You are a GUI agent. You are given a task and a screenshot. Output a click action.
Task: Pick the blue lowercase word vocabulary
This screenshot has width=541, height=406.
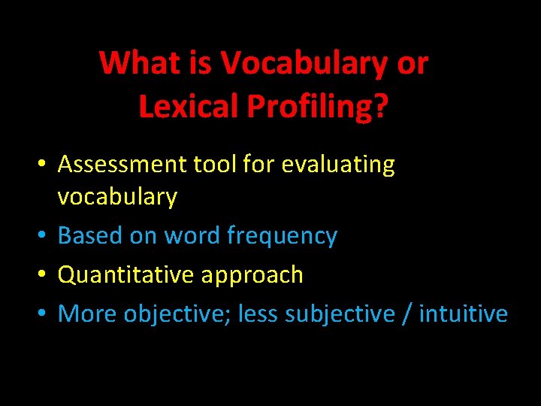(x=117, y=197)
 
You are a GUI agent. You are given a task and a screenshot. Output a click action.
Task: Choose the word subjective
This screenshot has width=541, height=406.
(x=340, y=314)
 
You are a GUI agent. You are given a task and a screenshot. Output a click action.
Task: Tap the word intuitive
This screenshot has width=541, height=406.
(x=463, y=314)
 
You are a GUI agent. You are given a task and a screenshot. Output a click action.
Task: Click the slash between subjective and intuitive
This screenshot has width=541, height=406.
(x=406, y=314)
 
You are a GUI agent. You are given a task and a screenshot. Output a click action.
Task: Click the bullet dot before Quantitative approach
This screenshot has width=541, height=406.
(x=47, y=276)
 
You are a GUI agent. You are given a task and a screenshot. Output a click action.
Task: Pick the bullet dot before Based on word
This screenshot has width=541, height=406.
(x=47, y=237)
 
